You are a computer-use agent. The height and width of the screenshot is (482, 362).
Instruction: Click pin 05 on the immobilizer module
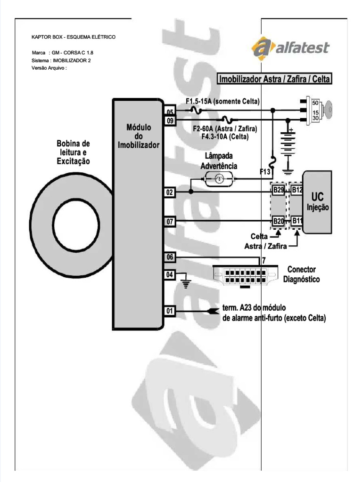tap(170, 112)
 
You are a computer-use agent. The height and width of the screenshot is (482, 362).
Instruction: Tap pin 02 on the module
tap(170, 192)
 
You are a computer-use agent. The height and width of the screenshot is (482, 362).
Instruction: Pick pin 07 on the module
tap(170, 221)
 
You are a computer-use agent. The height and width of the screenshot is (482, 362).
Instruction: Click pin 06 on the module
tap(170, 257)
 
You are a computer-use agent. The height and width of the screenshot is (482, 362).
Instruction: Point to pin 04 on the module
tap(170, 274)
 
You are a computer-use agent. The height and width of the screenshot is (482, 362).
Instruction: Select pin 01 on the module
tap(170, 311)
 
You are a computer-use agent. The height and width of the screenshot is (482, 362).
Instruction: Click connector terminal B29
tap(278, 190)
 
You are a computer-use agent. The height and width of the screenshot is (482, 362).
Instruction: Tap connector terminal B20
tap(278, 221)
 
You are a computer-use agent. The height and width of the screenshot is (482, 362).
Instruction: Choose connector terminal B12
tap(296, 190)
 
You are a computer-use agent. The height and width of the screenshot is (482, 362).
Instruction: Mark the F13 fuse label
tap(265, 172)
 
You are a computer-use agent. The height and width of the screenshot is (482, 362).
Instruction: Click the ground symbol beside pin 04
tap(186, 283)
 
